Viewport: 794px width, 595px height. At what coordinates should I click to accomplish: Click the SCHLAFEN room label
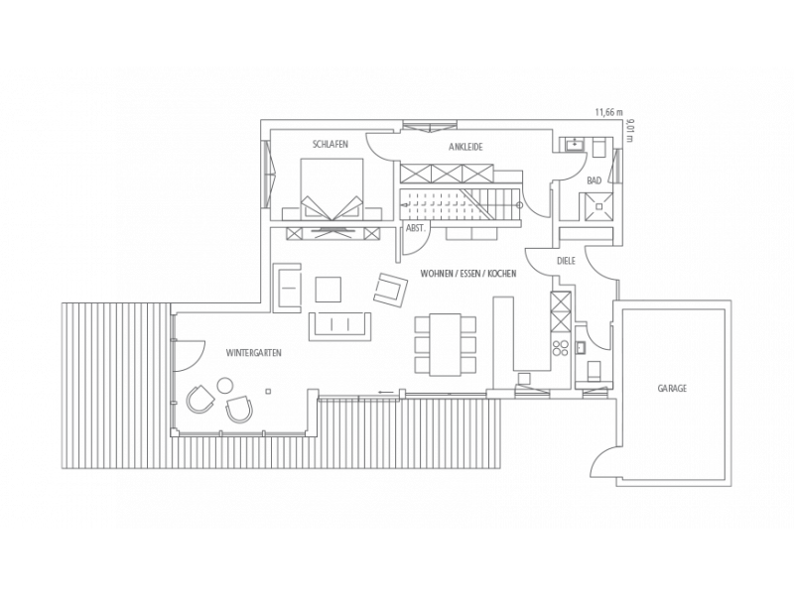pyautogui.click(x=331, y=144)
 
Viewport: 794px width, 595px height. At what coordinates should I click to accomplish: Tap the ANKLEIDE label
pyautogui.click(x=465, y=147)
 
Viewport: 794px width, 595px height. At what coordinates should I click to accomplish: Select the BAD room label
pyautogui.click(x=594, y=180)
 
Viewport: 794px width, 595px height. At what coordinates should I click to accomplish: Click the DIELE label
pyautogui.click(x=566, y=261)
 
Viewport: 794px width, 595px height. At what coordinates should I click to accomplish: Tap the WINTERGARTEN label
pyautogui.click(x=254, y=353)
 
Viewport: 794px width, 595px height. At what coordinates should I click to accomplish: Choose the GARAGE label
pyautogui.click(x=672, y=389)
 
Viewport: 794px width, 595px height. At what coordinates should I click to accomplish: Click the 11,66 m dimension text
pyautogui.click(x=608, y=112)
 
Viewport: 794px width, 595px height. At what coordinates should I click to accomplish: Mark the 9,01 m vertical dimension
pyautogui.click(x=629, y=130)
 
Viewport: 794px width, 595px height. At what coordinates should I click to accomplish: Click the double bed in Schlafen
pyautogui.click(x=331, y=189)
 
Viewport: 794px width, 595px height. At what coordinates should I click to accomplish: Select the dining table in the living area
pyautogui.click(x=446, y=345)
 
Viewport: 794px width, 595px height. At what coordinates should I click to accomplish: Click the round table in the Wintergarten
pyautogui.click(x=225, y=386)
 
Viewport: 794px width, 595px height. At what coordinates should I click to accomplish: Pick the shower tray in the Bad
pyautogui.click(x=598, y=206)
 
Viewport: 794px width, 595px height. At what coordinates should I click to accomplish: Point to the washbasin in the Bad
pyautogui.click(x=576, y=144)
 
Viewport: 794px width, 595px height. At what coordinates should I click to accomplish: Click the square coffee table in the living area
pyautogui.click(x=329, y=289)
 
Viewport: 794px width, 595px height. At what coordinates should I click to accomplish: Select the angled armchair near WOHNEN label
pyautogui.click(x=391, y=290)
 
